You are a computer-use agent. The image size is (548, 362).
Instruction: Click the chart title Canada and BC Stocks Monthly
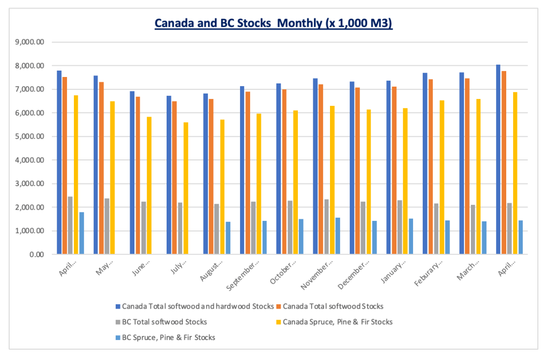click(274, 24)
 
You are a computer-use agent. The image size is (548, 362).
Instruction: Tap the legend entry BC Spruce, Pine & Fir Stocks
click(168, 337)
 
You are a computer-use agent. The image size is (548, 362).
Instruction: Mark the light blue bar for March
click(484, 238)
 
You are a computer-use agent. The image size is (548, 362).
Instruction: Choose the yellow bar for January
click(405, 181)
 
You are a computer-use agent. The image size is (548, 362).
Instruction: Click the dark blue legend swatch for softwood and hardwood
click(118, 307)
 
